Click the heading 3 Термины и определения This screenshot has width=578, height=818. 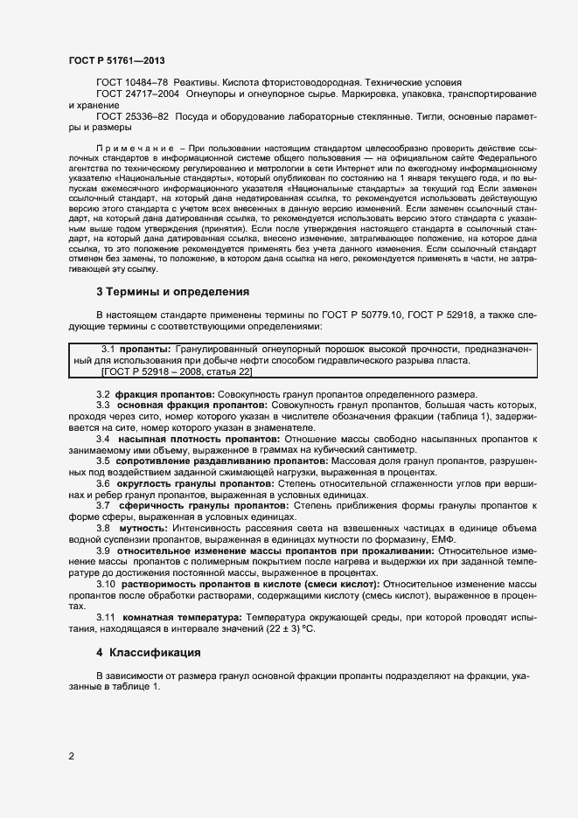pos(172,291)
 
